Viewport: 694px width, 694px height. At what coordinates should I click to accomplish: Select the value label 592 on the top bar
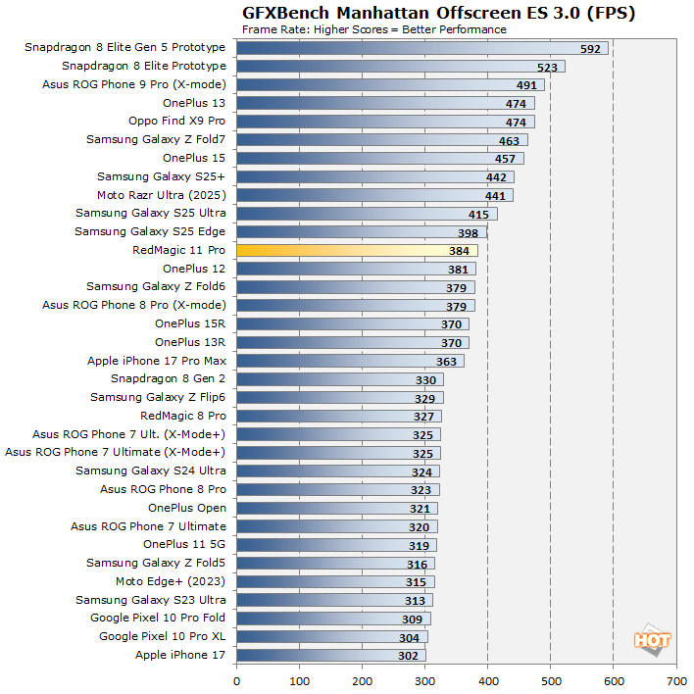tap(590, 48)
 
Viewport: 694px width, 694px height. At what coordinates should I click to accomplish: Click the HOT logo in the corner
tap(652, 640)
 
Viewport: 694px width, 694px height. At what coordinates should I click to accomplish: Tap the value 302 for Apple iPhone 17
tap(408, 656)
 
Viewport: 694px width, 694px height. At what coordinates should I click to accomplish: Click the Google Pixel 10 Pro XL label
tap(162, 636)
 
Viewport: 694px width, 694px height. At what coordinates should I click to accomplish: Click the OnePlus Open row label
tap(186, 508)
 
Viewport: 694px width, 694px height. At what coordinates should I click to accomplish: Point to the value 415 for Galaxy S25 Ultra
tap(478, 214)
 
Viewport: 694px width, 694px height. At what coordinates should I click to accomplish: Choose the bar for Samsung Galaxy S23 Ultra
tap(334, 600)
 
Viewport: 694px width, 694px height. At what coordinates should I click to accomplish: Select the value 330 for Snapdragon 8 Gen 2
tap(425, 379)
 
